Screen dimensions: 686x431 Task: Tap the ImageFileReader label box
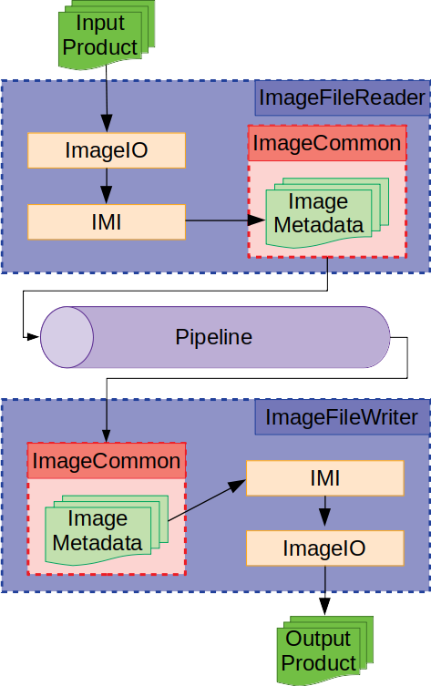[342, 97]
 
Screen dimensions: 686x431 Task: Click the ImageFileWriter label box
[342, 417]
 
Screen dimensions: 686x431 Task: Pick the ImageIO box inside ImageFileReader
[107, 150]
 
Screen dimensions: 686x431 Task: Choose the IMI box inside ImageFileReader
[107, 221]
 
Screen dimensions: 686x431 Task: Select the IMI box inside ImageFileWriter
[324, 477]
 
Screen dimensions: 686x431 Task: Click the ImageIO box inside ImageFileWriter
[324, 548]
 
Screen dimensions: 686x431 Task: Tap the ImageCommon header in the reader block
[326, 143]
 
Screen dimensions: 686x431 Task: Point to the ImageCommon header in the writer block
[107, 461]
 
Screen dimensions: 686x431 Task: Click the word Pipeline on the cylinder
[213, 337]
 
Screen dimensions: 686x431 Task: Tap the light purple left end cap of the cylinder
[67, 337]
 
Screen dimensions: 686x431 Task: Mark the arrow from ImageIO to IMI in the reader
[107, 187]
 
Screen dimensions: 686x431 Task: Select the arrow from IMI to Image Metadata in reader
[219, 220]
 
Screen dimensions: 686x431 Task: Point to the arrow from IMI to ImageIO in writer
[324, 514]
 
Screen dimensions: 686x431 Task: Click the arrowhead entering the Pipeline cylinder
[34, 337]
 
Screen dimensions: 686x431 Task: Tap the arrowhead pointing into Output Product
[324, 609]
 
